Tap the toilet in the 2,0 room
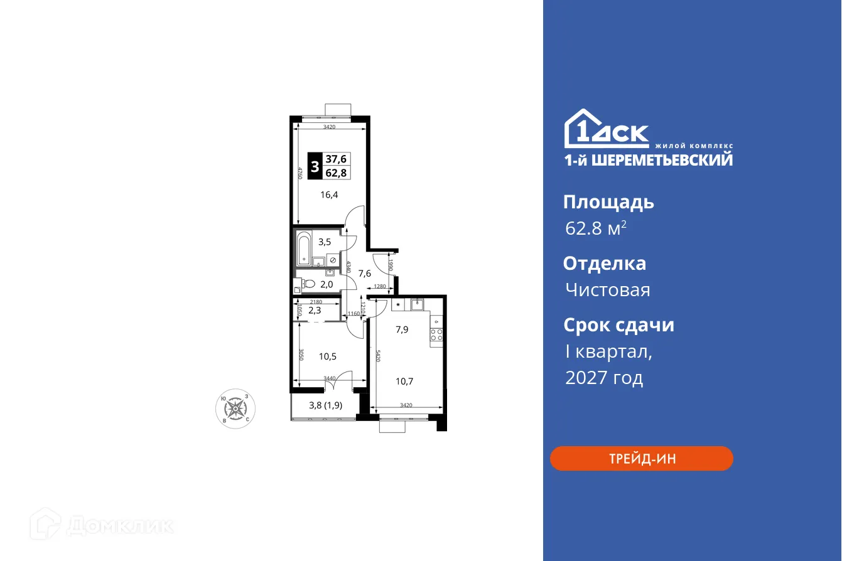click(x=306, y=284)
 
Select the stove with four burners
click(x=436, y=334)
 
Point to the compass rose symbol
click(x=235, y=407)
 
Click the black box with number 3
click(x=315, y=166)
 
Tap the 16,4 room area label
click(x=329, y=195)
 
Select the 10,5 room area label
click(x=328, y=356)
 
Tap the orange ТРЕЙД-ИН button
click(x=641, y=459)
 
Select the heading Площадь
click(x=608, y=202)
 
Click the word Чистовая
click(x=607, y=290)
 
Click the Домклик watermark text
click(x=119, y=525)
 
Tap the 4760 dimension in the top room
click(x=300, y=173)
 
